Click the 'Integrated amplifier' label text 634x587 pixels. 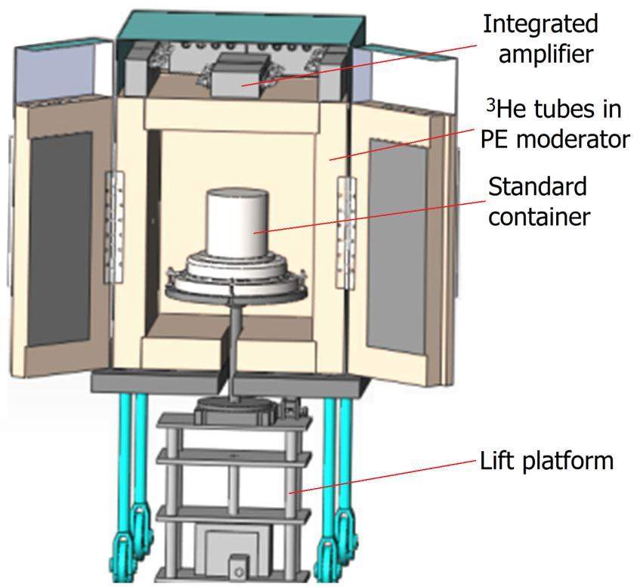(x=540, y=40)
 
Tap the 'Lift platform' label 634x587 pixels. (x=546, y=460)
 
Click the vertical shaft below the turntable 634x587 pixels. (x=237, y=340)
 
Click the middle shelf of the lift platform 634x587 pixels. (x=234, y=457)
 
